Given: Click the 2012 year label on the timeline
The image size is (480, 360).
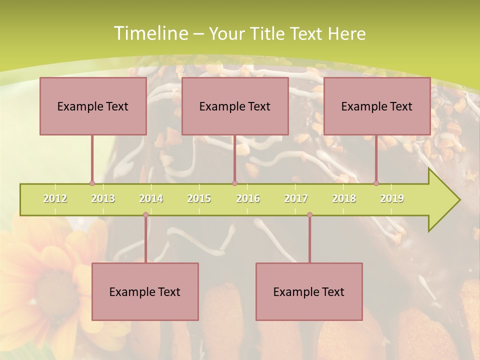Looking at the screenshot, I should (55, 198).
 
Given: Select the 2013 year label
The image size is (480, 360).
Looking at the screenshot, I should (103, 198).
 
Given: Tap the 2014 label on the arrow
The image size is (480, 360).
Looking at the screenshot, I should (151, 198).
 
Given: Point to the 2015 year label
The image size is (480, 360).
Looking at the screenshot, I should (199, 198).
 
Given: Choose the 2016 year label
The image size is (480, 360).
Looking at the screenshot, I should (248, 198).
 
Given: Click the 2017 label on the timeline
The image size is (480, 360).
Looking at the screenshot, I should (296, 198).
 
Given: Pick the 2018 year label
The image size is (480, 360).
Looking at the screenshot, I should (344, 198).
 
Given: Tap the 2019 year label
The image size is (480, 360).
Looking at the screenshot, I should (392, 198).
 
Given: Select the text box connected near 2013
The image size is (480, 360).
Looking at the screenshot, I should (93, 106).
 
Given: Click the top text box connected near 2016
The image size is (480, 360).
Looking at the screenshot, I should (235, 106).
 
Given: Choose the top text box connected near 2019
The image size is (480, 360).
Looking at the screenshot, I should (377, 106).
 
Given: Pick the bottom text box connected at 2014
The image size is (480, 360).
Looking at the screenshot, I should (145, 291).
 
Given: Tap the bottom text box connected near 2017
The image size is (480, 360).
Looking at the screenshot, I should (309, 291).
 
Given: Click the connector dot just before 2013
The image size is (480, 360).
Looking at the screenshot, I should (92, 183).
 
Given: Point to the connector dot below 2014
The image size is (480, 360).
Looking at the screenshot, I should (145, 215).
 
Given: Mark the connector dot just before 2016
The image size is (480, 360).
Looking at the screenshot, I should (234, 183).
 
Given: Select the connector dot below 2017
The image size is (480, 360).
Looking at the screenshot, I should (309, 215).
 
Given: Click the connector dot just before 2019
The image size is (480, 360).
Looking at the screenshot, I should (376, 183).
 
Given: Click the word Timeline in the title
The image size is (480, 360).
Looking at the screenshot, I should (149, 33).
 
